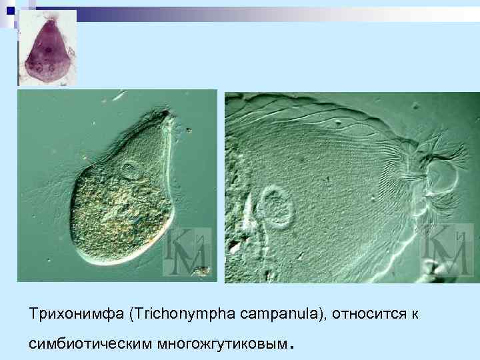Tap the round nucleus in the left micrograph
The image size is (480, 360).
(129, 171)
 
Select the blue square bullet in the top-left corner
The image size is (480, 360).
(9, 9)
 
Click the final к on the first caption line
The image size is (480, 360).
(415, 312)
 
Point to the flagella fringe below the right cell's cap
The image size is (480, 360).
(427, 200)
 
